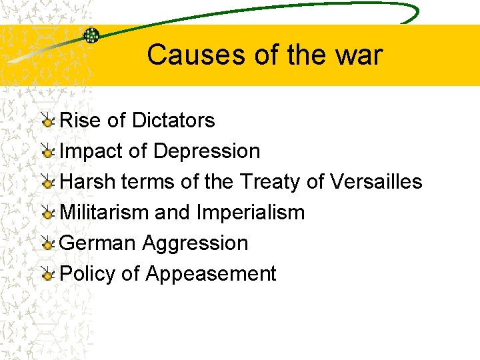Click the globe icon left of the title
click(91, 36)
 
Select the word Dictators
click(173, 120)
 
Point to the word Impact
click(91, 151)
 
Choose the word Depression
click(207, 151)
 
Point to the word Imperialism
click(251, 213)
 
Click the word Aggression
click(195, 243)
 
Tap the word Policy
click(87, 274)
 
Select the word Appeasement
click(211, 274)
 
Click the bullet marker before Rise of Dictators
click(48, 121)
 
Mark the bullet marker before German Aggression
click(48, 244)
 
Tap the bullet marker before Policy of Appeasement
click(48, 275)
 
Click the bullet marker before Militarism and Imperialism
click(48, 213)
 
